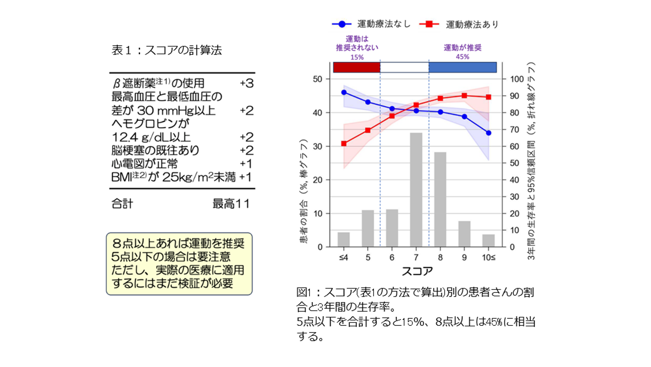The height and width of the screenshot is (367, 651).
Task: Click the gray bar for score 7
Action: [416, 190]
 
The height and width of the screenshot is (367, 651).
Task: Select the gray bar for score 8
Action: [440, 199]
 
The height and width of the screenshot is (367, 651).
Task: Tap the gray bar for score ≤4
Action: [344, 240]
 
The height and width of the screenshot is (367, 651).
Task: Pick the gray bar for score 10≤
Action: [488, 241]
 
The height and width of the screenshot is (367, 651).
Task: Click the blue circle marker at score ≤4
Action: [344, 92]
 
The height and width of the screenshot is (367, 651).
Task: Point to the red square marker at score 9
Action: [464, 96]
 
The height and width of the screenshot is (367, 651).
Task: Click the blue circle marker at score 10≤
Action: [488, 133]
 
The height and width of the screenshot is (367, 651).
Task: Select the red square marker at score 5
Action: [368, 130]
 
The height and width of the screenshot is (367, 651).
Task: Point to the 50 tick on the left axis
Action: [318, 79]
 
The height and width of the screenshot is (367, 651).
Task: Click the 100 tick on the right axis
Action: [517, 79]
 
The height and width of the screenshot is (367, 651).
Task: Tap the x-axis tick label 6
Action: [392, 258]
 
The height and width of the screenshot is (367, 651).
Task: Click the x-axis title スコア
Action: [417, 271]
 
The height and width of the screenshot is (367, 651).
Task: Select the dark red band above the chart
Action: [357, 67]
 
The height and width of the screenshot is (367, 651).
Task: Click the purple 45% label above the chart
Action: [462, 57]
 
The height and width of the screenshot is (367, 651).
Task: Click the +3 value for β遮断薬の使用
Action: [246, 83]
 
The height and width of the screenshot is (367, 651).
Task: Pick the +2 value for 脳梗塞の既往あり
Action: [246, 151]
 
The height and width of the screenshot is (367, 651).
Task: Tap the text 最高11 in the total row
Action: [231, 204]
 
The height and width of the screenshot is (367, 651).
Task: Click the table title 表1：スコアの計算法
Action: [167, 50]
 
